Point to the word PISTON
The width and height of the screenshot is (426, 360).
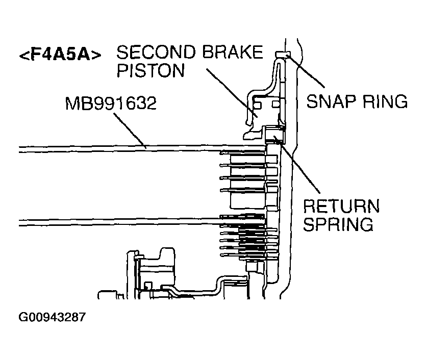(x=151, y=70)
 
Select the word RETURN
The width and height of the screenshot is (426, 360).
(x=341, y=208)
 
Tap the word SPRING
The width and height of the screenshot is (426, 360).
(x=338, y=224)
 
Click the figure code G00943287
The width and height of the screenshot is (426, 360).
(x=52, y=317)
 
